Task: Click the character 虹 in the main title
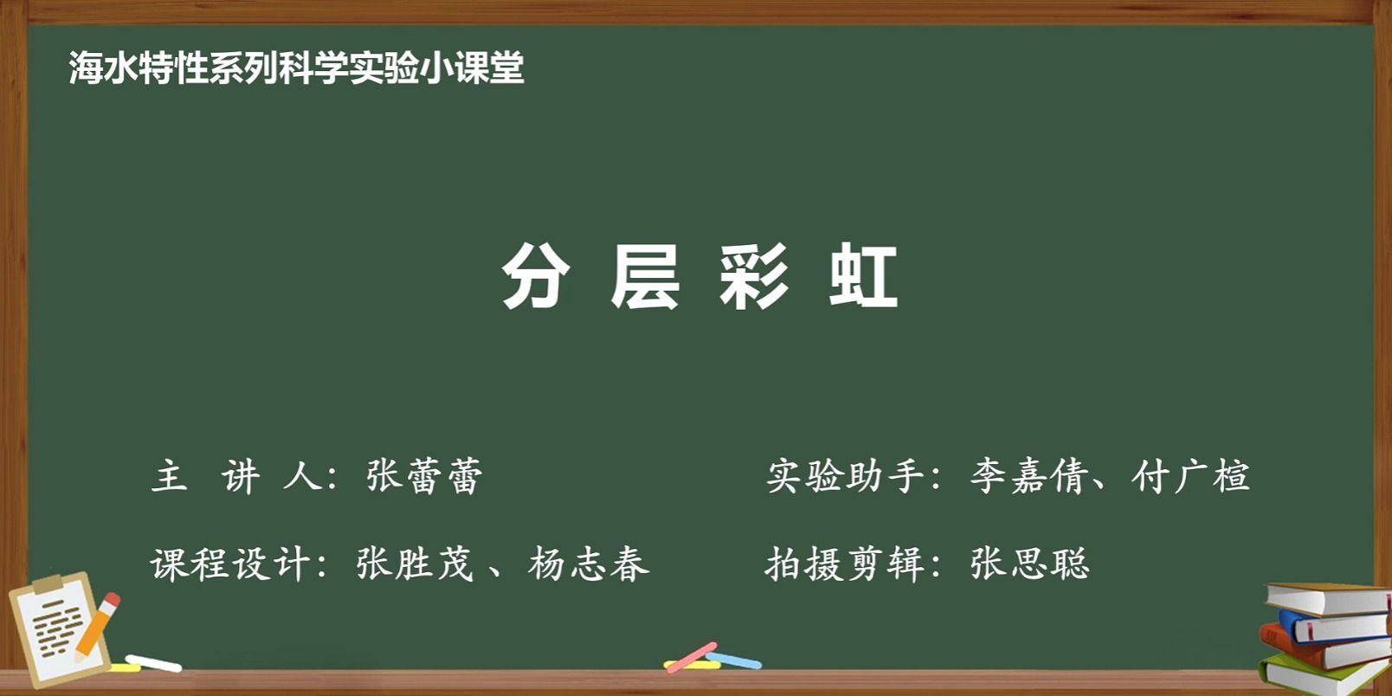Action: pyautogui.click(x=863, y=276)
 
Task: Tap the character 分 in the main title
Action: pyautogui.click(x=536, y=276)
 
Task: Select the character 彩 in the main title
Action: pyautogui.click(x=754, y=276)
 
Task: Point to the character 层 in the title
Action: pyautogui.click(x=645, y=276)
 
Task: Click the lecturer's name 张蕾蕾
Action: pyautogui.click(x=424, y=477)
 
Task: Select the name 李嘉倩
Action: pyautogui.click(x=1029, y=477)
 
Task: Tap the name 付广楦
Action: pyautogui.click(x=1190, y=477)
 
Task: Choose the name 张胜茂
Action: pyautogui.click(x=415, y=564)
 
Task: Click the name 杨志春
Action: pyautogui.click(x=589, y=564)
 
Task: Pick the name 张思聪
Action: pyautogui.click(x=1029, y=564)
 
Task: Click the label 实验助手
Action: pyautogui.click(x=845, y=477)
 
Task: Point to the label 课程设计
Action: pyautogui.click(x=229, y=564)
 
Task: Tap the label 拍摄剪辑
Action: pyautogui.click(x=845, y=564)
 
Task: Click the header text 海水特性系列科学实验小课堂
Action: pyautogui.click(x=296, y=68)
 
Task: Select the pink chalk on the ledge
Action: pyautogui.click(x=692, y=657)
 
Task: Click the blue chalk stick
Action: pyautogui.click(x=734, y=660)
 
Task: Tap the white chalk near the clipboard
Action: pyautogui.click(x=153, y=663)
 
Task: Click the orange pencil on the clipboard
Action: pyautogui.click(x=97, y=627)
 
